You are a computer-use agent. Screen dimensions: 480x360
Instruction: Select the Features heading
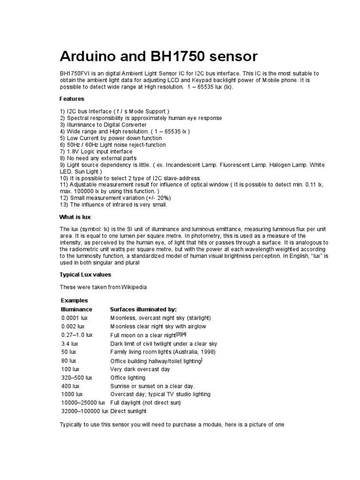tap(72, 99)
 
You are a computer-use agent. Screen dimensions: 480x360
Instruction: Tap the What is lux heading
tap(75, 217)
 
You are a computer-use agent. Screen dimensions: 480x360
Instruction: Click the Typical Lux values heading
tap(85, 274)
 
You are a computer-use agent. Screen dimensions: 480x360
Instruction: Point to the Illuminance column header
tap(77, 309)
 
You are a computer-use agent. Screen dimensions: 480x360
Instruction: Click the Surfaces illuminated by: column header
tap(143, 309)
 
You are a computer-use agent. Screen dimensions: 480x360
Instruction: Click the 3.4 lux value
tap(69, 344)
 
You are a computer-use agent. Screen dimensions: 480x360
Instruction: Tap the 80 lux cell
tap(68, 360)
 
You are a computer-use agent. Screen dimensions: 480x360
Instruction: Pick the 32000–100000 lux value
tap(84, 411)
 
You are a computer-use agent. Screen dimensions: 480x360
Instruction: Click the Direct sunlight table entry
tap(128, 411)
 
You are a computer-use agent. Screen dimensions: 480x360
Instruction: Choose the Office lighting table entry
tap(128, 377)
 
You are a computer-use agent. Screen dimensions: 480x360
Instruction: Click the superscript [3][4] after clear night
tap(181, 334)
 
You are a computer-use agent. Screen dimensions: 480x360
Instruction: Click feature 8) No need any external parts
tap(97, 158)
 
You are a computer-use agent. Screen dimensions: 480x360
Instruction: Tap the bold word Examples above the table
tap(75, 300)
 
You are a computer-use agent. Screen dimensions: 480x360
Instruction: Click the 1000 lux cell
tap(72, 394)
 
